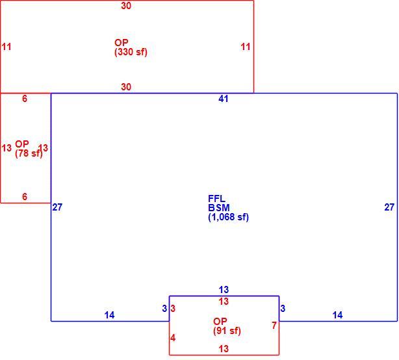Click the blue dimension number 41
223,99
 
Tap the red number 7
274,326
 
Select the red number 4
173,338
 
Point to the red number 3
173,309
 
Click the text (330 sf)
131,52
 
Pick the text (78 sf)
29,153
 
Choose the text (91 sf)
227,331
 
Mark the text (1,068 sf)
228,217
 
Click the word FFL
216,198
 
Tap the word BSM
219,207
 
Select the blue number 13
224,290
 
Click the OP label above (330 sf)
121,42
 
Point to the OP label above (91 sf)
220,321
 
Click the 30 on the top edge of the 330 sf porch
126,6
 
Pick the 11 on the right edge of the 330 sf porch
246,47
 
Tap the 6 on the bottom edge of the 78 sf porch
25,196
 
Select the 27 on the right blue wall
389,207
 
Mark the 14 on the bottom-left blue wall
109,315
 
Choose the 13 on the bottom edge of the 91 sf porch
224,349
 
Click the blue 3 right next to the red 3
164,309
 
